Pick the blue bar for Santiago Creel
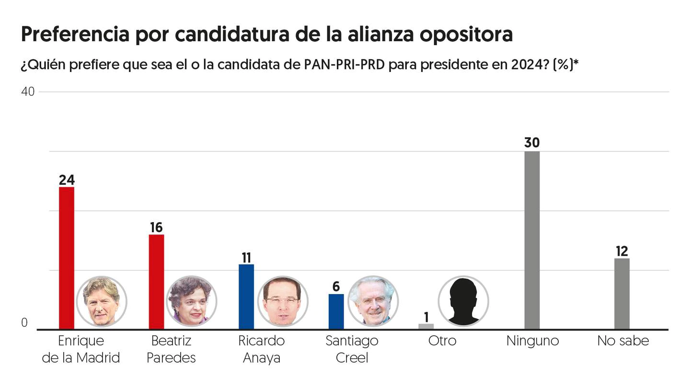point(336,311)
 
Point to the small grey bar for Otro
point(426,327)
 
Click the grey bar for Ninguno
point(532,240)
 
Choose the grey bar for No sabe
point(622,294)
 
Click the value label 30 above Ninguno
point(532,142)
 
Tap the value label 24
point(67,180)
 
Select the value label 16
point(156,227)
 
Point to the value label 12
point(622,251)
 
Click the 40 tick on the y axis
point(28,92)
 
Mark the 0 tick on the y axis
point(24,324)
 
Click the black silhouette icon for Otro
point(463,301)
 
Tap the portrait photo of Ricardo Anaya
point(283,301)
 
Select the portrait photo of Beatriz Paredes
point(192,301)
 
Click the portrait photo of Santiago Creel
point(373,301)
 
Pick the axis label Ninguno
point(532,341)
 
